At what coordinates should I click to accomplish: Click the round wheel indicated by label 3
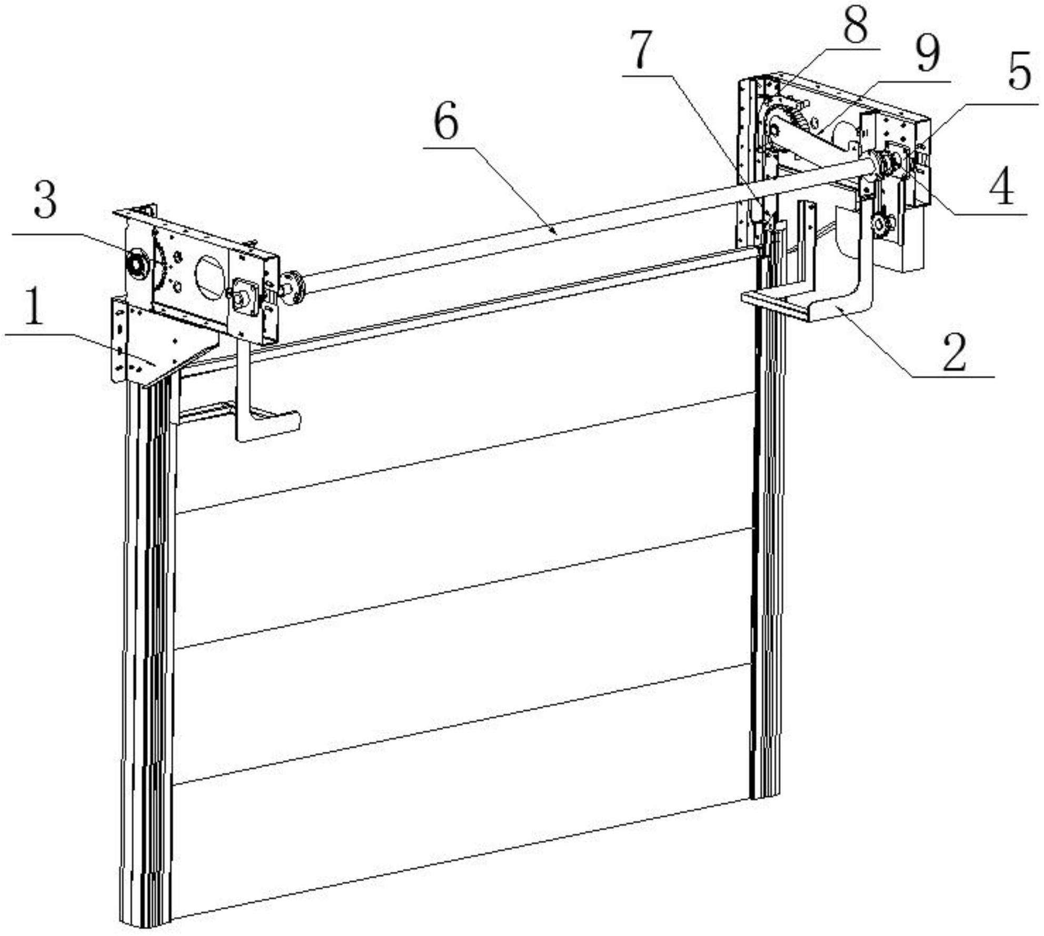click(x=138, y=262)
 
